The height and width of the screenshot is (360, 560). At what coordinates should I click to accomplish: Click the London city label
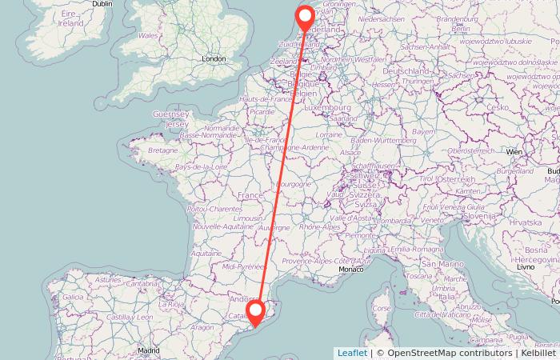pos(214,58)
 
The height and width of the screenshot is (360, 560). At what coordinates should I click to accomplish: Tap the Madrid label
pos(147,350)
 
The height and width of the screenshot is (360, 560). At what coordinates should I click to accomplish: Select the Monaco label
pos(350,270)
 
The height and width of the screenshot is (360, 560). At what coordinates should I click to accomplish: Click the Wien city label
pos(514,150)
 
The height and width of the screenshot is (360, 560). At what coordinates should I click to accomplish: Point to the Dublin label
pos(102,4)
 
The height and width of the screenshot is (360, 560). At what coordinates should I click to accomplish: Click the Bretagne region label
pos(162,150)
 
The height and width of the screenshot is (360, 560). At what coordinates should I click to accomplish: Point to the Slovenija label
pos(482,215)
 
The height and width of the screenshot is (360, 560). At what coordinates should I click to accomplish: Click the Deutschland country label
pos(407,71)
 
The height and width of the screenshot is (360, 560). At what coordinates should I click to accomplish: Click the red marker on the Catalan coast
pos(256,311)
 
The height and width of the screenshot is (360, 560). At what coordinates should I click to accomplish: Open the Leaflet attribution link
pos(352,353)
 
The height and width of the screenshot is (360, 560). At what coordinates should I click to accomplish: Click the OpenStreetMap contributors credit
pos(444,353)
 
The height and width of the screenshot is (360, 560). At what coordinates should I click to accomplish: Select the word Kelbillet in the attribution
pos(538,353)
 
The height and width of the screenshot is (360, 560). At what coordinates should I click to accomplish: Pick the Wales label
pos(148,36)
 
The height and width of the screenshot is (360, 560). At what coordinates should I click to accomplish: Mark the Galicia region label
pos(73,297)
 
